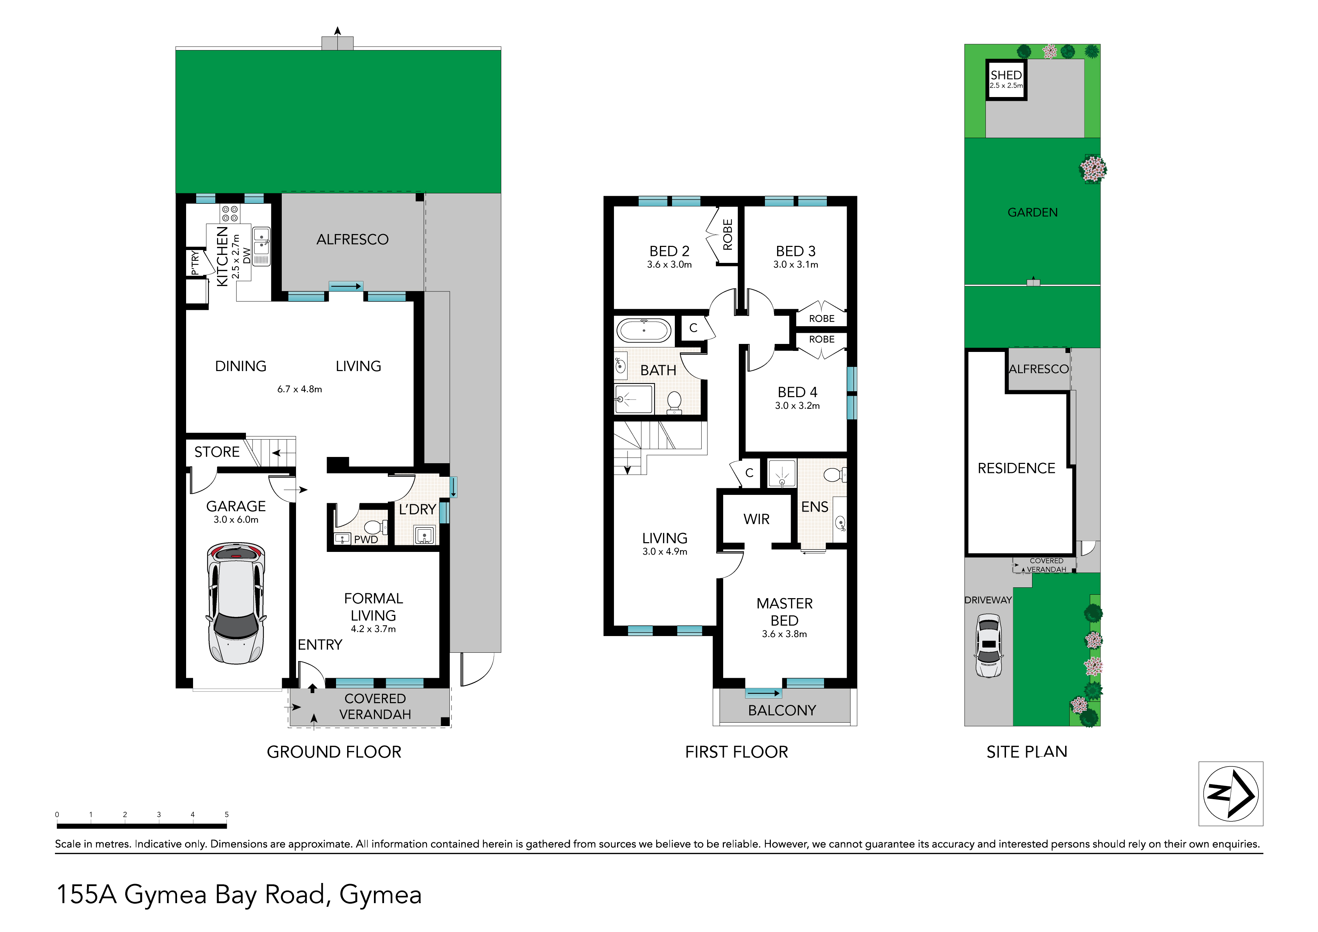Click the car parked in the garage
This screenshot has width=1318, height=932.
coord(236,603)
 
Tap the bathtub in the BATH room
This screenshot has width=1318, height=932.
coord(644,331)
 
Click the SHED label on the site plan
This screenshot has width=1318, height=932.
coord(1006,75)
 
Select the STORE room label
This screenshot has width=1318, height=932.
coord(217,452)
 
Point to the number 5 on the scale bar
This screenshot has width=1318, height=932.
coord(227,814)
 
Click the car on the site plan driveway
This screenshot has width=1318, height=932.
coord(989,646)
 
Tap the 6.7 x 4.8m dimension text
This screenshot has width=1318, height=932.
coord(299,389)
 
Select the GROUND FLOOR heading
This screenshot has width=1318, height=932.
coord(334,752)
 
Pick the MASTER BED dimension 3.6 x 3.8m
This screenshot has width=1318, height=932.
coord(784,634)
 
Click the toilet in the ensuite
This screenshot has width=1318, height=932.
coord(834,475)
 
